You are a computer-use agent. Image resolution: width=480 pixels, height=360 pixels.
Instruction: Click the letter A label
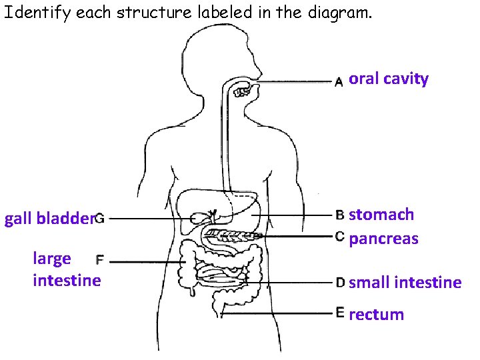point(339,82)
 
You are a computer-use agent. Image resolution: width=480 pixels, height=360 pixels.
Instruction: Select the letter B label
point(339,215)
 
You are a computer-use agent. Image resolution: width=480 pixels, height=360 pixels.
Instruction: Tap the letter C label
point(339,237)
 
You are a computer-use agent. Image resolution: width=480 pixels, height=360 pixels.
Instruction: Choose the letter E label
point(340,312)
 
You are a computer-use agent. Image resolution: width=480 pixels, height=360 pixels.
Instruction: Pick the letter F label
point(101,259)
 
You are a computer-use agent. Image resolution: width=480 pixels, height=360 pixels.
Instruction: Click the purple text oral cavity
point(389,79)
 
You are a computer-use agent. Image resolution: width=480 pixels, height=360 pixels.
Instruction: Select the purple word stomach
point(381,215)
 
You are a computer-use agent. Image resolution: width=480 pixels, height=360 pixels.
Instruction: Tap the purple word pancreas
point(383,239)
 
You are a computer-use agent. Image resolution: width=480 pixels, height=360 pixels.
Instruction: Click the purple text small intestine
point(405,283)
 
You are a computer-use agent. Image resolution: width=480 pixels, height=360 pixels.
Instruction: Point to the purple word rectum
point(377,314)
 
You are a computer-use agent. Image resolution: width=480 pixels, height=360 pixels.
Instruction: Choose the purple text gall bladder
point(47,219)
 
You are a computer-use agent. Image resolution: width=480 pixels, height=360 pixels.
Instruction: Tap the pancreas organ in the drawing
point(230,235)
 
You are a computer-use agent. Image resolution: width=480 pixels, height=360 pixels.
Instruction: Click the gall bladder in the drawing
point(199,218)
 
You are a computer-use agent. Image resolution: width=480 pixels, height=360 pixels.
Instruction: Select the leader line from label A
point(293,82)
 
